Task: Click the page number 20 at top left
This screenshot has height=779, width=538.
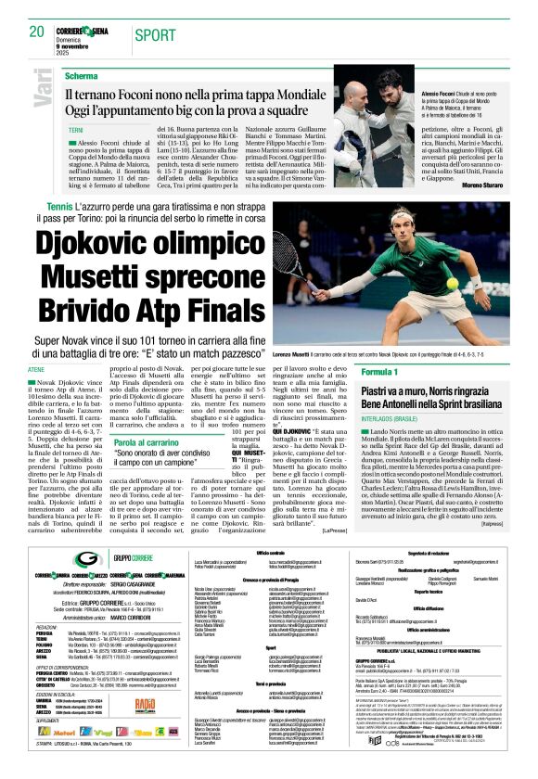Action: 37,32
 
